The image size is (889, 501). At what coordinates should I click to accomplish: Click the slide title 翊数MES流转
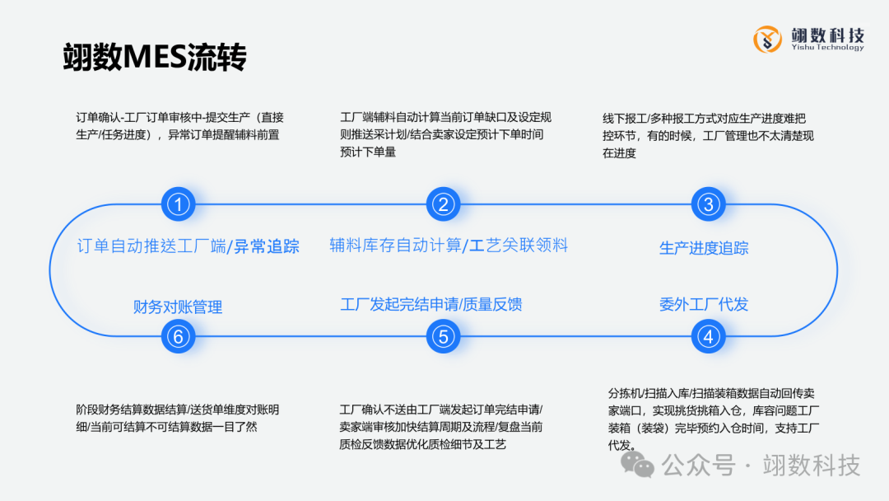pyautogui.click(x=155, y=58)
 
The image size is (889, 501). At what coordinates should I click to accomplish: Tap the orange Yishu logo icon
pyautogui.click(x=767, y=39)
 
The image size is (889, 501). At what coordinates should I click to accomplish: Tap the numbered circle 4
pyautogui.click(x=707, y=336)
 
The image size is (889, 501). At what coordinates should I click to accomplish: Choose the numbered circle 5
pyautogui.click(x=443, y=336)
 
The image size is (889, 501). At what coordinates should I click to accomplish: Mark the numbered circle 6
pyautogui.click(x=178, y=336)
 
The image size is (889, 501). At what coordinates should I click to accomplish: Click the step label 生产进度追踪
pyautogui.click(x=704, y=248)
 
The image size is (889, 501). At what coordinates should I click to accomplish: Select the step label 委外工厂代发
pyautogui.click(x=704, y=304)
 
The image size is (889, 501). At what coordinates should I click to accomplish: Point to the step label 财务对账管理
pyautogui.click(x=178, y=307)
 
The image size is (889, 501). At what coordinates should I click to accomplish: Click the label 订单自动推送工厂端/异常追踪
pyautogui.click(x=188, y=246)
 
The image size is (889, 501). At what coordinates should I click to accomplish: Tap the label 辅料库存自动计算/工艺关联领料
pyautogui.click(x=449, y=245)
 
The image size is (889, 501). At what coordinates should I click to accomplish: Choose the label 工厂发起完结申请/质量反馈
pyautogui.click(x=431, y=304)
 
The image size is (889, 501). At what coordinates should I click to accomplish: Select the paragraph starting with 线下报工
pyautogui.click(x=708, y=135)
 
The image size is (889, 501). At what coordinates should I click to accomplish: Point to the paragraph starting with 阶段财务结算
pyautogui.click(x=177, y=418)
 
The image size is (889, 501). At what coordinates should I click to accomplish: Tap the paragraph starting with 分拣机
pyautogui.click(x=713, y=419)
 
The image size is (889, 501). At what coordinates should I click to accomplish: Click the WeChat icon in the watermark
pyautogui.click(x=638, y=466)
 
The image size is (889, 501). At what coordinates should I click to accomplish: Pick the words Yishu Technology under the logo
pyautogui.click(x=826, y=48)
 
